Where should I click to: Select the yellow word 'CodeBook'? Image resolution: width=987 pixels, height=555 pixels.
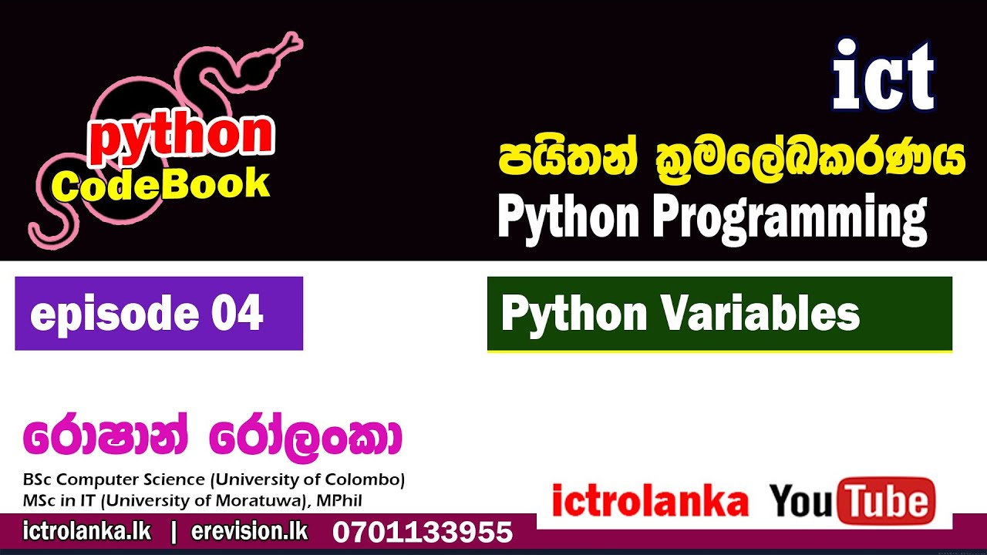pos(161,186)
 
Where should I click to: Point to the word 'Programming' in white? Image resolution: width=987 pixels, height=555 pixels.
pos(790,217)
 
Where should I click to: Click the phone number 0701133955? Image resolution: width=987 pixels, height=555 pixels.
pos(423,532)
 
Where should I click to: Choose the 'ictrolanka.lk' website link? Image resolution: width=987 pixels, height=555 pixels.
pos(87,531)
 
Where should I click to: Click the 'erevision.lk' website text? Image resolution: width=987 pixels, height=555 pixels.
pos(249,531)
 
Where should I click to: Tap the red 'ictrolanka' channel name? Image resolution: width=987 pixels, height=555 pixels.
pos(650,502)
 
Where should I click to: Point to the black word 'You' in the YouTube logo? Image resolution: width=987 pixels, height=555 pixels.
pos(801,502)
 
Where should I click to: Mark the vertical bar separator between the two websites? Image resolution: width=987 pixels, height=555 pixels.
pos(172,531)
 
